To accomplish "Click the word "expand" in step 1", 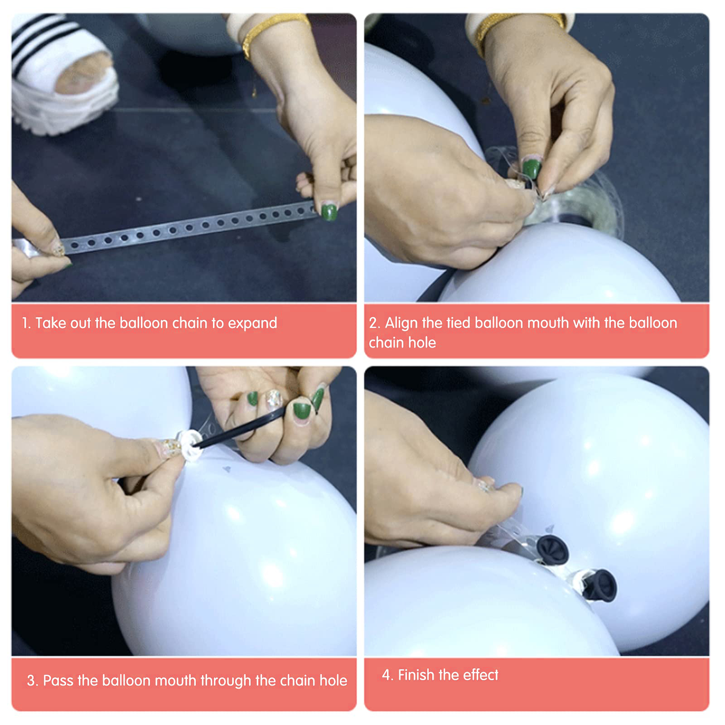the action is [252, 324].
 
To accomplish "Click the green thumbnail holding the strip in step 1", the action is [329, 212].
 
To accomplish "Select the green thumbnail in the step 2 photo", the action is [531, 168].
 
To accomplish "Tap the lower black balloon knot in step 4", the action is [599, 585].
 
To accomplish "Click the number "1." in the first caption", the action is [26, 323].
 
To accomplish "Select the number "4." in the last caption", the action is [387, 675].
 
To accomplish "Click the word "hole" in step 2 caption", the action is [421, 343].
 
